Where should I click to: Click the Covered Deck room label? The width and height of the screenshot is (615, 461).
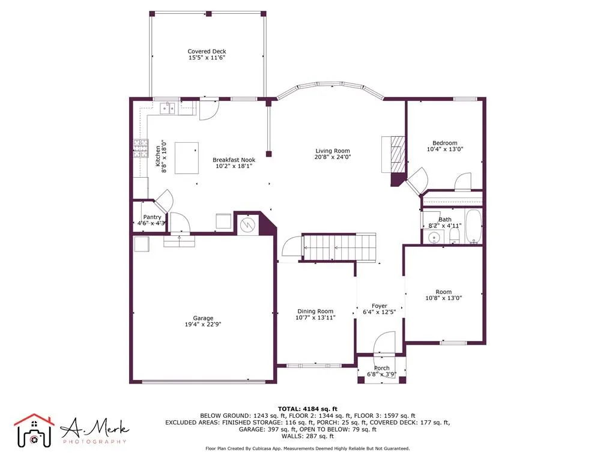tap(207, 52)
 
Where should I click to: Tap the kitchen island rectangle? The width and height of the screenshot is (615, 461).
tap(187, 158)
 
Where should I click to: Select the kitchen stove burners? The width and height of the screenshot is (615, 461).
tap(140, 148)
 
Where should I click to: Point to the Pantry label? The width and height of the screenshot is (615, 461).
tap(152, 217)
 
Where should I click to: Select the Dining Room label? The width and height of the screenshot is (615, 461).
tap(315, 311)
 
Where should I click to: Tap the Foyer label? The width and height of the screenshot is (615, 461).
tap(380, 306)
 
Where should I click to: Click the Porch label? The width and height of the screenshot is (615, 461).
tap(381, 368)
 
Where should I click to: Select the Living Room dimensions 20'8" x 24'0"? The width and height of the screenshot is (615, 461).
tap(333, 157)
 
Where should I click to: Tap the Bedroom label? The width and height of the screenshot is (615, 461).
tap(444, 143)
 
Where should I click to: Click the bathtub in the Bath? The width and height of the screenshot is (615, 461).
tap(473, 227)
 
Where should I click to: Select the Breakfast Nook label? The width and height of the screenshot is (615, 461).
tap(234, 160)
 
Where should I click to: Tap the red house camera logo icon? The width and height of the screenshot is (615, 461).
tap(34, 430)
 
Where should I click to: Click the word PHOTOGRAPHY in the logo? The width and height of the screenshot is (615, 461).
tap(94, 442)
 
